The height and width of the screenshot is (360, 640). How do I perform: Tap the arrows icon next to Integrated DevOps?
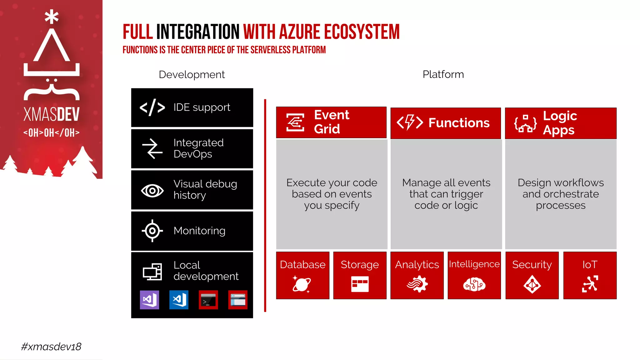[x=152, y=148]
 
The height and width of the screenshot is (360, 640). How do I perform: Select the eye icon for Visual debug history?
[x=152, y=190]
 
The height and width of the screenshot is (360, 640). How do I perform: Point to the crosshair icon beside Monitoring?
[x=152, y=231]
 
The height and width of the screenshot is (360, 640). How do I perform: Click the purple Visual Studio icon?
[x=149, y=300]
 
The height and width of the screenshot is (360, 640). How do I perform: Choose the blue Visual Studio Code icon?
[x=179, y=300]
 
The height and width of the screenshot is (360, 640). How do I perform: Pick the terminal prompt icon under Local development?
[x=208, y=300]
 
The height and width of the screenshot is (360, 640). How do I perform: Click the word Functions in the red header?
[x=459, y=123]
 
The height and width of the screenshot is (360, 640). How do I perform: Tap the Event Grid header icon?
[x=295, y=122]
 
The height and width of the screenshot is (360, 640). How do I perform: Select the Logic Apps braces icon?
[x=525, y=123]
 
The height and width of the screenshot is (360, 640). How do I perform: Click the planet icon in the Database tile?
[x=302, y=284]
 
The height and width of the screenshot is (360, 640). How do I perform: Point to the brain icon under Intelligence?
[x=474, y=284]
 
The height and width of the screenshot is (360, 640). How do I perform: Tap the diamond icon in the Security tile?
[x=532, y=284]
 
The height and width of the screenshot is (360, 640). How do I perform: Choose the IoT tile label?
[x=590, y=265]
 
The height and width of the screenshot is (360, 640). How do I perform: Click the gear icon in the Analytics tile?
[x=417, y=284]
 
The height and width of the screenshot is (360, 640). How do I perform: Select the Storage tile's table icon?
[x=360, y=284]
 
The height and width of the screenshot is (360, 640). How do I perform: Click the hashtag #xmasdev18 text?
[x=51, y=347]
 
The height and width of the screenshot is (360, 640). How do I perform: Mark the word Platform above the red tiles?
[x=443, y=74]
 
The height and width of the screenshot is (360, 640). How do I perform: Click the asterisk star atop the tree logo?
[x=52, y=17]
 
